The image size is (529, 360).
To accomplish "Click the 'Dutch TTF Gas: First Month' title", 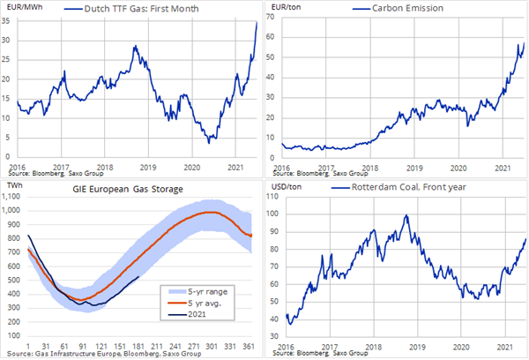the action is click(x=141, y=9).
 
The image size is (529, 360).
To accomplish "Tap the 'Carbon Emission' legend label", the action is click(x=407, y=8).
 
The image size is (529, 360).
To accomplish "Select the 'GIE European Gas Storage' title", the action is click(x=128, y=189).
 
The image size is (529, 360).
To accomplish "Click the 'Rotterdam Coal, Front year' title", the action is click(x=408, y=187).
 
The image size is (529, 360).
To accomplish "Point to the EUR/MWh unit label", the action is click(x=25, y=7).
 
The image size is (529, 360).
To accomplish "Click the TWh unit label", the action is click(x=14, y=185).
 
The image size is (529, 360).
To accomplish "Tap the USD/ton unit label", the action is click(x=287, y=187).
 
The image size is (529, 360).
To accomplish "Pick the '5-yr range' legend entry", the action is click(x=207, y=292).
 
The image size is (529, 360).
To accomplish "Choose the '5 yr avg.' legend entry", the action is click(x=205, y=304).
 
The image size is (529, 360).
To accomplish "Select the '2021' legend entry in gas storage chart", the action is click(x=197, y=314).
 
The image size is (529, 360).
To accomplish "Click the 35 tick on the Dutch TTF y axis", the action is click(x=6, y=21).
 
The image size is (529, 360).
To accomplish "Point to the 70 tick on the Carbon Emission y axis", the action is click(x=271, y=16).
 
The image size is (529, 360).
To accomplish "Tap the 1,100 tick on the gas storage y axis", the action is click(x=11, y=197).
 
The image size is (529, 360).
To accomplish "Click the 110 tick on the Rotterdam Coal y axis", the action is click(x=272, y=197).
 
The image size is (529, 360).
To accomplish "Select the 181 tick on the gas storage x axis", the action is click(x=138, y=346).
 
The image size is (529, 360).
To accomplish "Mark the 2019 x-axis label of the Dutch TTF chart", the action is click(x=148, y=167).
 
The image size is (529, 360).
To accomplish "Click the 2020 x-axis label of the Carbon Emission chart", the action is click(x=458, y=169).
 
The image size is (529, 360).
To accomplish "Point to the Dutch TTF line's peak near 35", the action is click(x=257, y=22).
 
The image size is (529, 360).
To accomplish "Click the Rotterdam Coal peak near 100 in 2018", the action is click(x=406, y=215).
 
